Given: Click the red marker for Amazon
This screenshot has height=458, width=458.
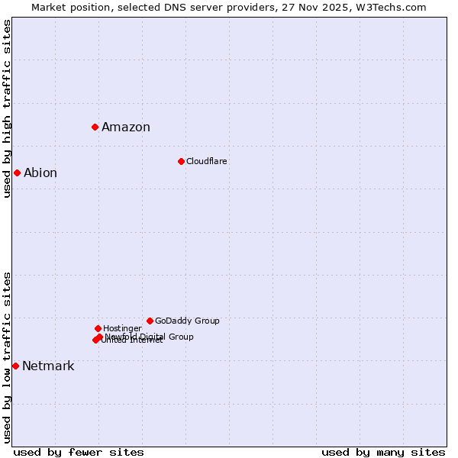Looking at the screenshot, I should pos(95,127).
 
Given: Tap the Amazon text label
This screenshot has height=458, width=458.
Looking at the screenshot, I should pos(126,127).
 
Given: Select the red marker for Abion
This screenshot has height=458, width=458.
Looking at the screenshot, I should pos(17,173).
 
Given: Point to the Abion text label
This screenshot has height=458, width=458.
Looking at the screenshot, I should pos(40,173).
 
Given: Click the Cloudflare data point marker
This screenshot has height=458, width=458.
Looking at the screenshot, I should pos(181,161).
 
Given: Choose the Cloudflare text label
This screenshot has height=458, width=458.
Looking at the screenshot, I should pos(207,162).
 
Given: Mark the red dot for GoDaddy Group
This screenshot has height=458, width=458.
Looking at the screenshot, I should pos(150,321).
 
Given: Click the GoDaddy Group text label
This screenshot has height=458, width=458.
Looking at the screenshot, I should pos(187,321).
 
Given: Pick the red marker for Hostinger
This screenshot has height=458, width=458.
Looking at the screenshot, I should pos(98,328).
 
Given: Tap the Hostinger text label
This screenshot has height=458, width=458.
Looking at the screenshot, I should pos(122,329).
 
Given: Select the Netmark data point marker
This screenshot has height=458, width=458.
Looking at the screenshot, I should pos(15,366).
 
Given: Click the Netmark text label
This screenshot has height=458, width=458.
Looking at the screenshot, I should pos(48,366).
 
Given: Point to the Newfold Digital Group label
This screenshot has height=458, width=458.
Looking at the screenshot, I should pos(150,337).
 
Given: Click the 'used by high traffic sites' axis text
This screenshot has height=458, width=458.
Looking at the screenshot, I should pos(7,108).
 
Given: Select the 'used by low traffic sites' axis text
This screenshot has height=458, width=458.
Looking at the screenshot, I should pos(7,357).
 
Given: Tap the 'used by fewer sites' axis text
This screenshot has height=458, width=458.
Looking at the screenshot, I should pos(79,453).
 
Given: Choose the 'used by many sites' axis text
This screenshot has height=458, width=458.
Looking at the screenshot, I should pos(383,453).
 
